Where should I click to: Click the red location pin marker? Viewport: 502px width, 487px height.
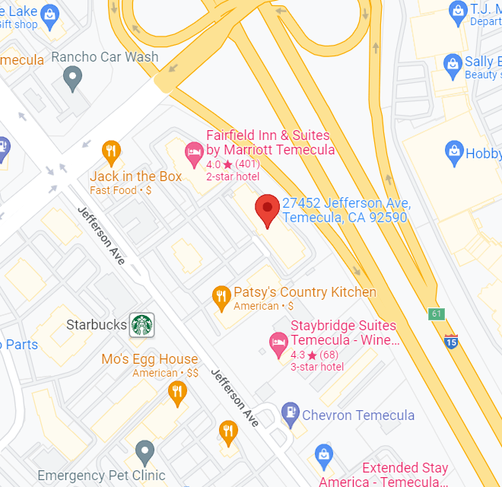pos(266,208)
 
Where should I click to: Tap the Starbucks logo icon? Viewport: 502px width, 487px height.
pos(141,325)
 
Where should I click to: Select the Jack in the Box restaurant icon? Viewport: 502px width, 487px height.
pos(111,152)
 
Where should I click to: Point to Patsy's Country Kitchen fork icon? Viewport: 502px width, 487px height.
pos(221,297)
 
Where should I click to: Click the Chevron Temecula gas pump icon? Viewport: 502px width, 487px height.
pos(290,415)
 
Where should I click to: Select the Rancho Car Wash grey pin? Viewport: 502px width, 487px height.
pos(72,76)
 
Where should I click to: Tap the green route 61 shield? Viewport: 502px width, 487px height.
pos(436,314)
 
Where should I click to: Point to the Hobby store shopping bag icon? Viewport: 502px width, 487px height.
pos(454,152)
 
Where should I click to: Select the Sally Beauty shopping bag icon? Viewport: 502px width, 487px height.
pos(454,62)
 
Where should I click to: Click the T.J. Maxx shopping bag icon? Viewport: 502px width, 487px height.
pos(457,11)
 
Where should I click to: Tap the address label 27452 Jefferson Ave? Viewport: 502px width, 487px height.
pos(346,210)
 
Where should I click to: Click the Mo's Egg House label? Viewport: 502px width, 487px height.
pos(149,359)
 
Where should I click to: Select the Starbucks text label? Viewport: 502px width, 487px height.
pos(97,325)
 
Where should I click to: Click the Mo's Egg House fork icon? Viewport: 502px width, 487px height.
pos(176,392)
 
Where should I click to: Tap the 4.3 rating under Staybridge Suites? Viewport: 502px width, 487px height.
pos(299,355)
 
